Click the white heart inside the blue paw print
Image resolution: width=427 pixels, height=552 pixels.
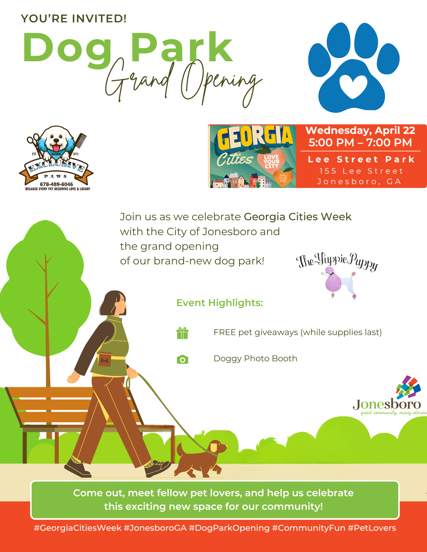353,86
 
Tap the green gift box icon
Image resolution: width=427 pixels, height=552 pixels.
182,333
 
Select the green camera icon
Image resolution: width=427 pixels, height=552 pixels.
182,359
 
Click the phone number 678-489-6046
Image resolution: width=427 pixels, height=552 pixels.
56,184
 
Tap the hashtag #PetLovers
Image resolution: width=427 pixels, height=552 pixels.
372,528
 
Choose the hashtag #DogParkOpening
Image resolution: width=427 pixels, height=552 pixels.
229,528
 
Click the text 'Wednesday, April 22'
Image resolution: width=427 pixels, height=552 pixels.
360,130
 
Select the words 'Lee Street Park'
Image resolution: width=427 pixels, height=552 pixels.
361,159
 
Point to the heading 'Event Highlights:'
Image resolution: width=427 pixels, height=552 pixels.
219,303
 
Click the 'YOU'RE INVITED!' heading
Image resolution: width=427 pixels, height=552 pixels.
74,18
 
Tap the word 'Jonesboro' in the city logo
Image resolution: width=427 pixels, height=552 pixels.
387,404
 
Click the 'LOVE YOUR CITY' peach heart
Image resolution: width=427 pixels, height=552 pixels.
271,161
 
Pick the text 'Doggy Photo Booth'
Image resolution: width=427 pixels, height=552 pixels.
255,359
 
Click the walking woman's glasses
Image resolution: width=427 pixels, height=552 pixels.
122,304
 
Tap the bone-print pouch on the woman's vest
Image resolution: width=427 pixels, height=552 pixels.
105,359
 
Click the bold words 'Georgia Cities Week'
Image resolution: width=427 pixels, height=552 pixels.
298,217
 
